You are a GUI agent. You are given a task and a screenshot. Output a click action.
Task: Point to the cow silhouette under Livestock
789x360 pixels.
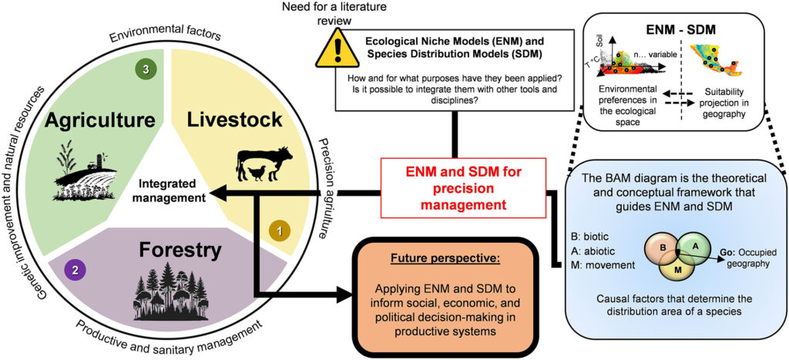click(270, 160)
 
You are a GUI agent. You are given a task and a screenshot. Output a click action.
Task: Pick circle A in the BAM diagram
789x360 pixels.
click(693, 244)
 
